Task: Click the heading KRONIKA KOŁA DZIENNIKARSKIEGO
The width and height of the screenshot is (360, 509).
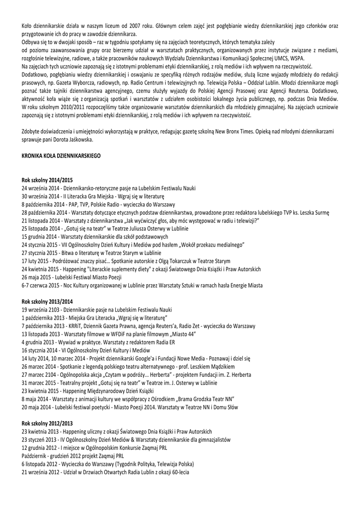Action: click(61, 156)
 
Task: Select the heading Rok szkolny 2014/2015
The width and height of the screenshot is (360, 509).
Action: click(47, 179)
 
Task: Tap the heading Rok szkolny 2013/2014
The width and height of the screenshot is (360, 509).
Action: click(47, 302)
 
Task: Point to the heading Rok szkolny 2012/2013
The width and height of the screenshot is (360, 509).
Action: click(47, 424)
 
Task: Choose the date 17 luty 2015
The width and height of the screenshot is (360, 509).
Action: click(38, 261)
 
